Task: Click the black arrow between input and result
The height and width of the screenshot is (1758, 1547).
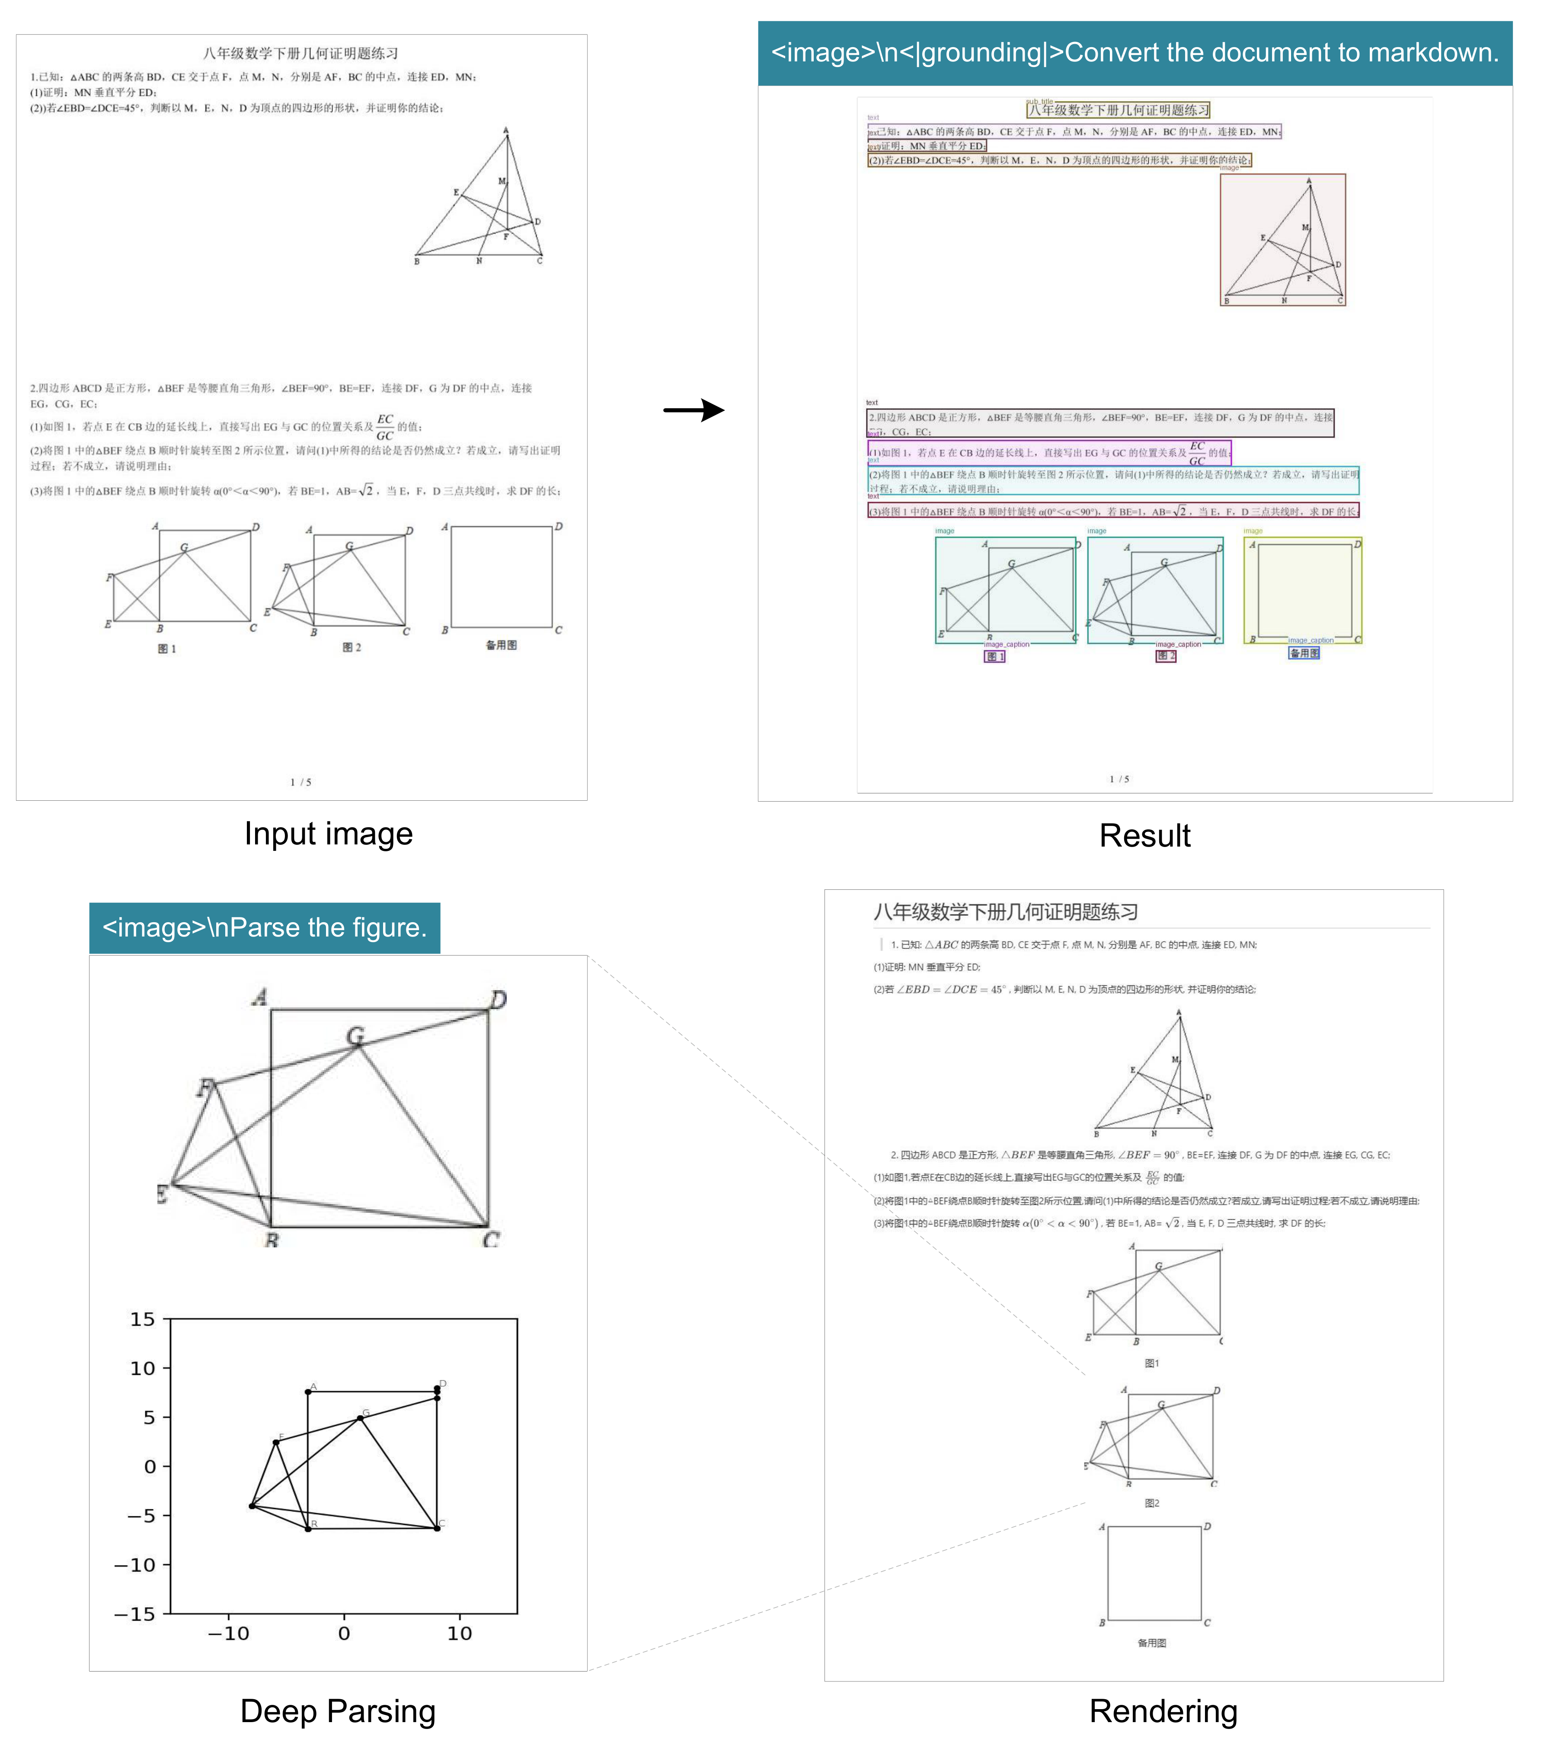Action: [x=694, y=410]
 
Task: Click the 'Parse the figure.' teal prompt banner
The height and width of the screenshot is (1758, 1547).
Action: [x=264, y=927]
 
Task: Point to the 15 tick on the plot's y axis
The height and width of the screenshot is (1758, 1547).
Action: [x=143, y=1319]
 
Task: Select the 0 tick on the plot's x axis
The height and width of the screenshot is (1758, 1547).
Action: [x=344, y=1633]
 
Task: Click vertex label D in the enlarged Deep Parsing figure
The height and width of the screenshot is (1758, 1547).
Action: [x=498, y=999]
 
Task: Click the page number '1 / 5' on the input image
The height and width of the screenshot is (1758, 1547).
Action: [x=300, y=782]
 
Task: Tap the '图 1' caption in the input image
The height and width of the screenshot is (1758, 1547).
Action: [x=167, y=649]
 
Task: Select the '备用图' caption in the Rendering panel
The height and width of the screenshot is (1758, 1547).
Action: [x=1151, y=1643]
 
